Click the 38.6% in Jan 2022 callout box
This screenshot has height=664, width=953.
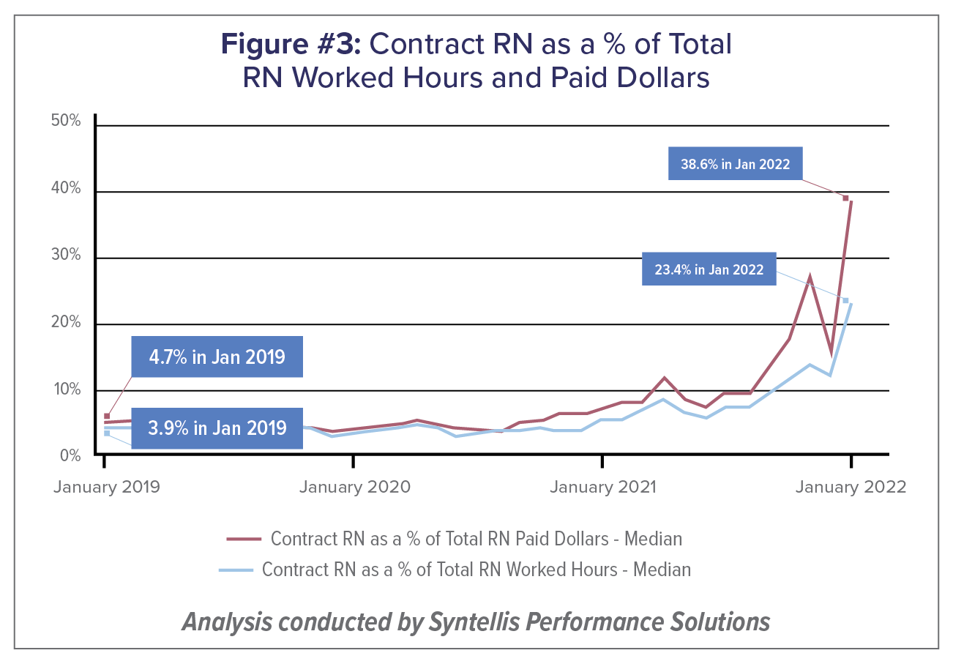coord(735,164)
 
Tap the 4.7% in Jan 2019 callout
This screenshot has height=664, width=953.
coord(217,357)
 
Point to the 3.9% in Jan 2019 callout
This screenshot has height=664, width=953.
coord(217,428)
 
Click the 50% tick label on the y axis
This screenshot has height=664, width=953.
coord(65,121)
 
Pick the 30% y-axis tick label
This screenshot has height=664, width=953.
coord(65,257)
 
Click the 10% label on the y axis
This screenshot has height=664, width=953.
coord(65,389)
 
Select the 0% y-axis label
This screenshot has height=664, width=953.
coord(69,455)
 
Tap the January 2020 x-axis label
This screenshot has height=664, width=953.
coord(354,487)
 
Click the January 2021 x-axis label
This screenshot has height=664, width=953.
coord(602,487)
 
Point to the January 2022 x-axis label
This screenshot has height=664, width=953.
coord(851,487)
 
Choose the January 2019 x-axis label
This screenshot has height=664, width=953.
coord(106,487)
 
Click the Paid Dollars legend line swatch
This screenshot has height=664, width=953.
coord(244,539)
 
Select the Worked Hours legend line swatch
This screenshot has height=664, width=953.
coord(235,570)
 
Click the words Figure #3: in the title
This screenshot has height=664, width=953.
coord(291,45)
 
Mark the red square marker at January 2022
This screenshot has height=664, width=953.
coord(845,198)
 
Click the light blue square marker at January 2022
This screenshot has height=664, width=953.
coord(845,300)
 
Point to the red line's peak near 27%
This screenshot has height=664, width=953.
coord(810,277)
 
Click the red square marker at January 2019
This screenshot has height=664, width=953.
coord(107,416)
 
